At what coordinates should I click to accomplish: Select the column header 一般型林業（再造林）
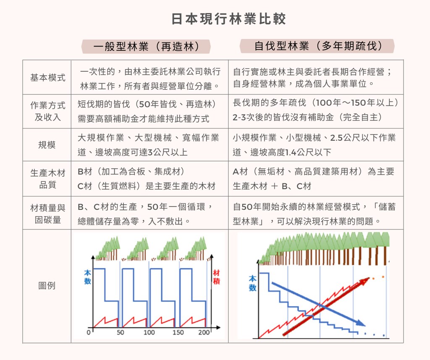(146, 47)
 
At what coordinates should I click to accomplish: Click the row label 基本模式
(48, 78)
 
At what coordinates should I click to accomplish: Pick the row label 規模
(47, 145)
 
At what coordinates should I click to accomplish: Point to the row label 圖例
(47, 286)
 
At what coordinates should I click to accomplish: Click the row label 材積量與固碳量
(48, 214)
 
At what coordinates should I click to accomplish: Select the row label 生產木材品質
(48, 179)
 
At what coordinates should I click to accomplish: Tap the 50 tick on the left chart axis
(121, 333)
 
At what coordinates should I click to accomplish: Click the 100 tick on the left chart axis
(149, 333)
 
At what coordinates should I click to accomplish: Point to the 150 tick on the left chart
(178, 333)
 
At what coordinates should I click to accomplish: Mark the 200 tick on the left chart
(205, 333)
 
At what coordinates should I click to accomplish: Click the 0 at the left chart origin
(89, 333)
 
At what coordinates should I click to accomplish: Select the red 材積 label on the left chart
(216, 277)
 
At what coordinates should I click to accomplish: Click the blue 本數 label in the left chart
(87, 277)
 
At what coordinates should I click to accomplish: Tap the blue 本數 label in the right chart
(252, 283)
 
